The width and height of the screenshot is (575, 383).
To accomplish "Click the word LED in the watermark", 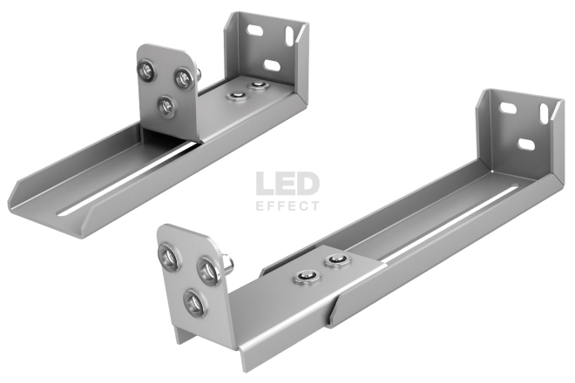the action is tap(287, 184).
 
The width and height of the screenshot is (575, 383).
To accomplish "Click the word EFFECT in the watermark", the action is tap(287, 206).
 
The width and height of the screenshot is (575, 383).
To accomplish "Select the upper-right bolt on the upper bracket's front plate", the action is tap(182, 77).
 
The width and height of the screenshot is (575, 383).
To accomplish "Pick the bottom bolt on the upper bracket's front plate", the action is tap(166, 105).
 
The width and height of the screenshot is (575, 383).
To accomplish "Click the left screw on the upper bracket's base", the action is tap(236, 96).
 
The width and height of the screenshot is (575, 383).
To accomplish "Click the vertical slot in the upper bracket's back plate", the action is tap(290, 37).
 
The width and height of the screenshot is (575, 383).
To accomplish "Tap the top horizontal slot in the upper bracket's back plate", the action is tap(255, 30).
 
